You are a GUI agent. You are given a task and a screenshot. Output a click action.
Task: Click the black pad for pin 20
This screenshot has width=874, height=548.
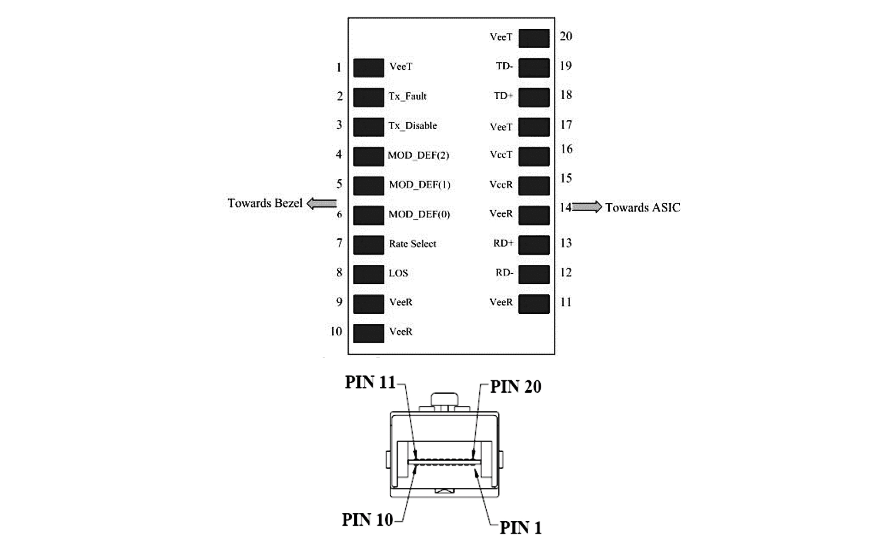pos(534,38)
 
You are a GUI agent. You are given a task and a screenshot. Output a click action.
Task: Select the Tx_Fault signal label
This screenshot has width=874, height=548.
pos(407,96)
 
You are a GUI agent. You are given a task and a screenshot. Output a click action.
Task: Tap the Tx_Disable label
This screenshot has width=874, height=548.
pos(413,126)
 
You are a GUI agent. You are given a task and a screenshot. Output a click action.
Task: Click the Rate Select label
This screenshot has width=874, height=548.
pos(412,244)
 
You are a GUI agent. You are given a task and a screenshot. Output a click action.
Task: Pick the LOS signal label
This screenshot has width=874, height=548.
pos(398,273)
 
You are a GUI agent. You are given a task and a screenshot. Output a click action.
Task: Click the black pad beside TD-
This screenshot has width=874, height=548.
pos(534,68)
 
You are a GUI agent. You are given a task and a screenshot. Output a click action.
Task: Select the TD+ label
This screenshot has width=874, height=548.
pos(503,96)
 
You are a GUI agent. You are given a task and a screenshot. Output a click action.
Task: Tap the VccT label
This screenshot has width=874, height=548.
pos(501,155)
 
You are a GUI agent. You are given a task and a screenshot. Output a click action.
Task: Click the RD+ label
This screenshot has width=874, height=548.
pos(503,243)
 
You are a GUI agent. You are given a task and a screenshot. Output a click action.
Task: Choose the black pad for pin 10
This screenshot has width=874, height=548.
pos(369,334)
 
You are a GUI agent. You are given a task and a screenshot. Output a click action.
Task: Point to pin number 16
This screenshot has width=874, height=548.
pos(566,149)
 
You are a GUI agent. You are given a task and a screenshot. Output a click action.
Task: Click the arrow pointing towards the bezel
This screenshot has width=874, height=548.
pos(322,203)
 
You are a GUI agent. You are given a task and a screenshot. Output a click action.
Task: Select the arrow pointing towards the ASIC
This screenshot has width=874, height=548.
pos(587,207)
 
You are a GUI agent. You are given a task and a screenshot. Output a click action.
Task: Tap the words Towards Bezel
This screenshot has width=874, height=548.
pos(265,203)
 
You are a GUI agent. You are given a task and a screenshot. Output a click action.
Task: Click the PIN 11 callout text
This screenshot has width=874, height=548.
pos(370,383)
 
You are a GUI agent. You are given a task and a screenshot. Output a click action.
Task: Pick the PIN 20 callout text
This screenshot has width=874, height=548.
pos(516,387)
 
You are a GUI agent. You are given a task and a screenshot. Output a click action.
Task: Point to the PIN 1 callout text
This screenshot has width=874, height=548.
pos(521,528)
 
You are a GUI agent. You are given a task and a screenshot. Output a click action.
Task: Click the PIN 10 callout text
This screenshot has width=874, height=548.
pos(367,520)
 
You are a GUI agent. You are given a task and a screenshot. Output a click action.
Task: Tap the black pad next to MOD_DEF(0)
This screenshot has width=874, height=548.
pos(369,216)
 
